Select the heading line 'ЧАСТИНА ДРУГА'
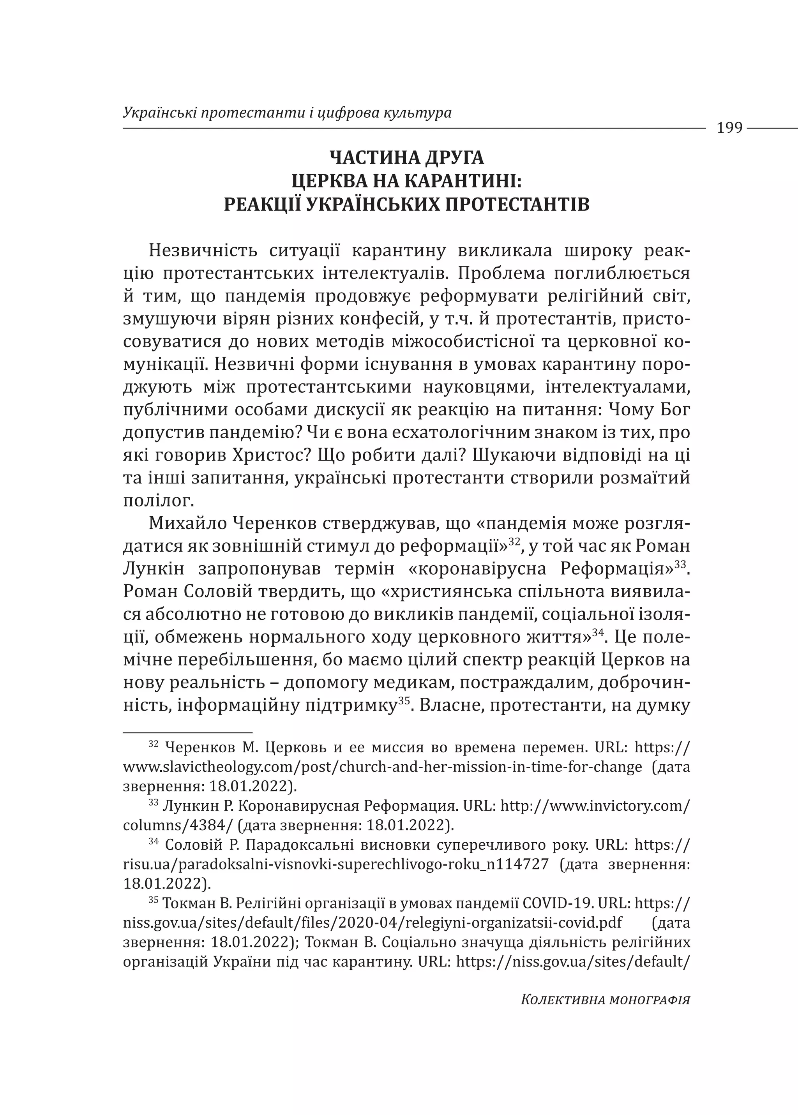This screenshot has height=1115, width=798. point(406,158)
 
